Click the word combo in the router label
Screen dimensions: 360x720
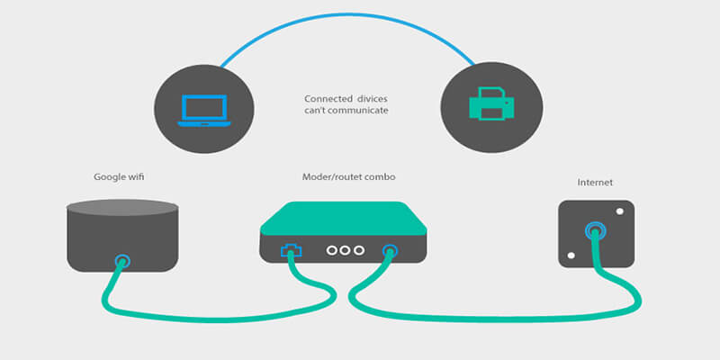point(379,176)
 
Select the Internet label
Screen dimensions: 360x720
point(595,183)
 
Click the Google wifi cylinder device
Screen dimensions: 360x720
point(122,234)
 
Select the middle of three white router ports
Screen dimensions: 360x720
point(345,252)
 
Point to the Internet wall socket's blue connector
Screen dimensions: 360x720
point(595,233)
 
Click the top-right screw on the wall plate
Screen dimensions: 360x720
point(620,212)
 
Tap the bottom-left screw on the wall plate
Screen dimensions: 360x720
point(570,256)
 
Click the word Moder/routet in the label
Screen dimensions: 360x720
point(332,176)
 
